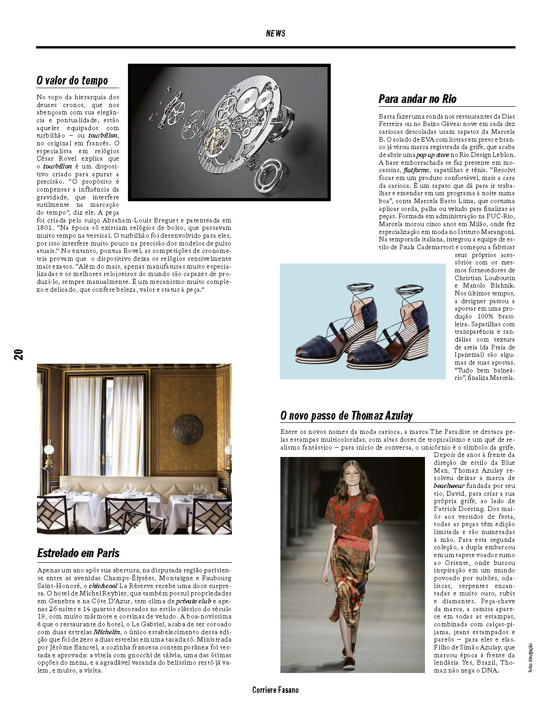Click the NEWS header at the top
(275, 33)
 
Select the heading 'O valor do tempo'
(72, 81)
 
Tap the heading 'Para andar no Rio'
(417, 99)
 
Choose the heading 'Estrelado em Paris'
(78, 553)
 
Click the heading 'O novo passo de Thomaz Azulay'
(346, 415)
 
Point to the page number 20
(19, 354)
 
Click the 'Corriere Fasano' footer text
(275, 690)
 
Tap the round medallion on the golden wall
(187, 429)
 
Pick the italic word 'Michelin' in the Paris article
(107, 632)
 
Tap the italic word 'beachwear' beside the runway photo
(449, 486)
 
